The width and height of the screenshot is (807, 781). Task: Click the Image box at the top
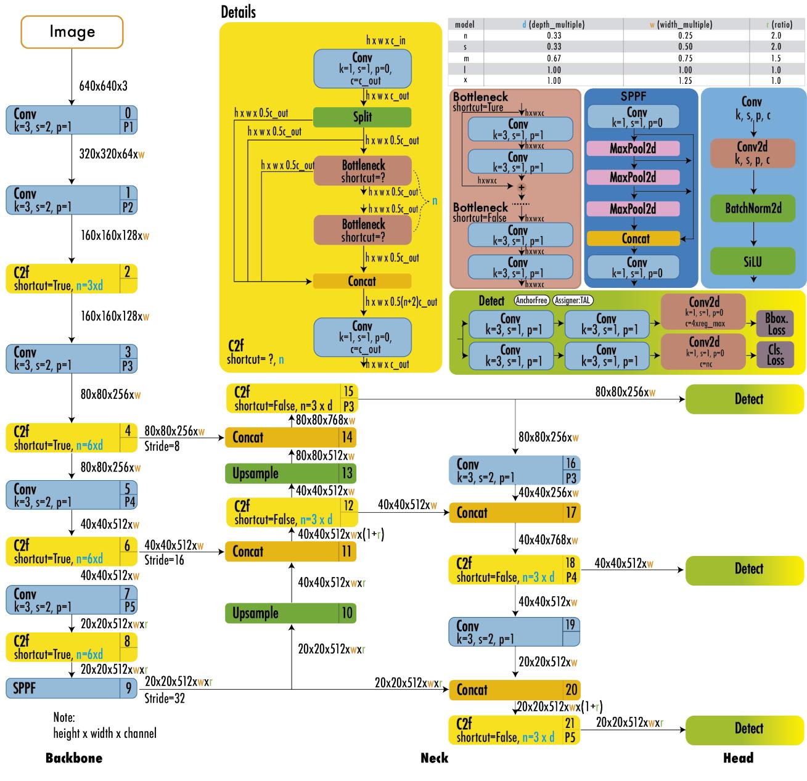[72, 31]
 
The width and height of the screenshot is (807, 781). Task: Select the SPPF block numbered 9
[72, 688]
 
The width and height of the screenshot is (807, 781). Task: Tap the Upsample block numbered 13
[290, 473]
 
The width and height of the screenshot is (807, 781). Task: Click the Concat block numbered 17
[514, 512]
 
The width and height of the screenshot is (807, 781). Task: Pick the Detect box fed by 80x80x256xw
[745, 399]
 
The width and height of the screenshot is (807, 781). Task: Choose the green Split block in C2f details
[362, 117]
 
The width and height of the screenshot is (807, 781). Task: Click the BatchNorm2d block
[752, 208]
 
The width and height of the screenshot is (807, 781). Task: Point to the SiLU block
[752, 261]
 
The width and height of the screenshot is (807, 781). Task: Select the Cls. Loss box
[776, 354]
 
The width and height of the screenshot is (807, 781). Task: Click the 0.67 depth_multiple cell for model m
[554, 58]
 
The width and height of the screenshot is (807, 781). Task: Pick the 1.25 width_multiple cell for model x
[685, 80]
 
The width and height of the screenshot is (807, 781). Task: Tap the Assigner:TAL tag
[573, 301]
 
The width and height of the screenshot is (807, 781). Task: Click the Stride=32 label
[164, 698]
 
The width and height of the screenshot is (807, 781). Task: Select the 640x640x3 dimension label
[103, 86]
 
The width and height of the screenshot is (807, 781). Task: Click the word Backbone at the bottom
[74, 758]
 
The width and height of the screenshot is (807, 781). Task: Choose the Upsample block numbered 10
[290, 613]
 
